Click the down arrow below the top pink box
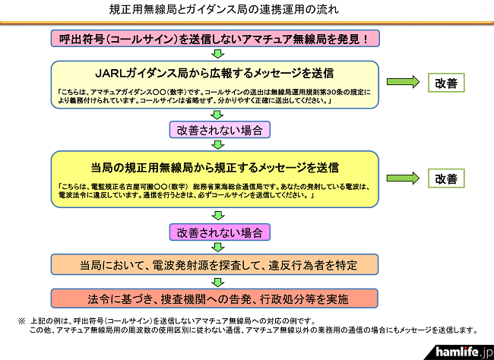point(217,53)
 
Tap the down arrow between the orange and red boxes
point(217,281)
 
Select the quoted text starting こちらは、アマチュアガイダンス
point(215,96)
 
